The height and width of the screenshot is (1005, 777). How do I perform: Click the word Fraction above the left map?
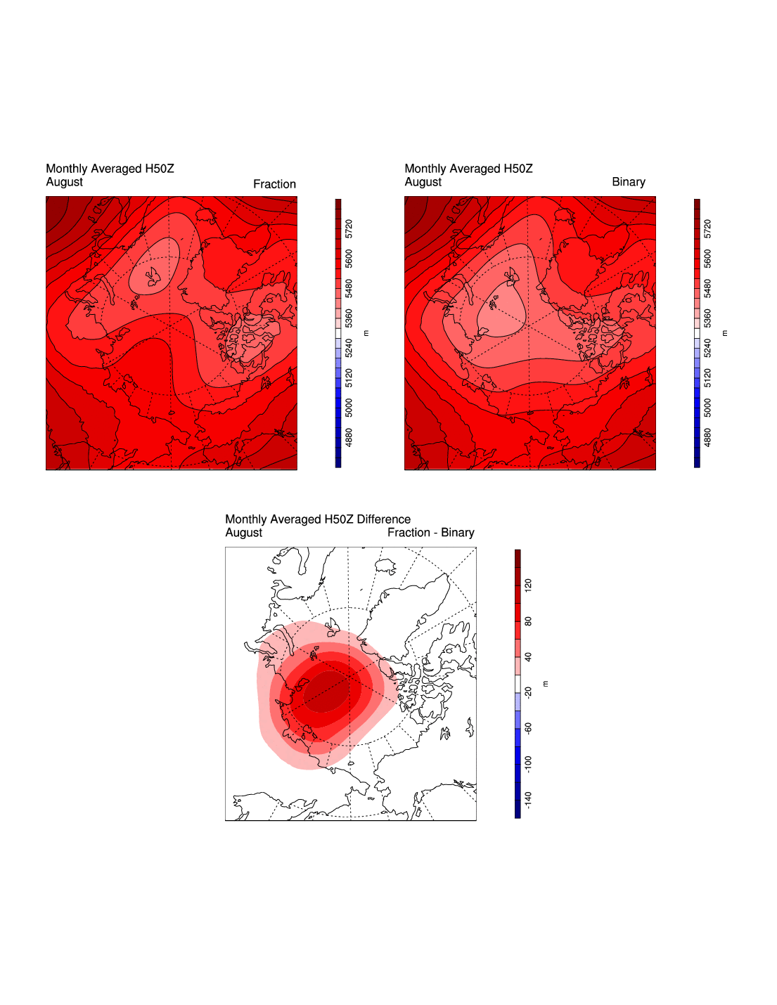click(274, 184)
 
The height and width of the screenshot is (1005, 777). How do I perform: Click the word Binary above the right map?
click(628, 182)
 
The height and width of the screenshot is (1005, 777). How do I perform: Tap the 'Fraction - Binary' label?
click(430, 533)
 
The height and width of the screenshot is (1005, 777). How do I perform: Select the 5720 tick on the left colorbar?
click(349, 229)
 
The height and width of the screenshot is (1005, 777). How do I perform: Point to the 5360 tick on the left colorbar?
click(349, 318)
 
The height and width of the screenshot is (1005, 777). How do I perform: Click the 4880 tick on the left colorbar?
click(349, 437)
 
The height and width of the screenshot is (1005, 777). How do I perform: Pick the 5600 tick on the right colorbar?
click(708, 259)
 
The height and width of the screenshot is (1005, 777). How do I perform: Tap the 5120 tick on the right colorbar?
click(708, 378)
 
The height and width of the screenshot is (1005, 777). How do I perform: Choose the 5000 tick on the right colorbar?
click(708, 408)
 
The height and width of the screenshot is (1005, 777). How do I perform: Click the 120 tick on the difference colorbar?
click(529, 585)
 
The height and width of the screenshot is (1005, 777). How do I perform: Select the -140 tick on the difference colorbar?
click(529, 800)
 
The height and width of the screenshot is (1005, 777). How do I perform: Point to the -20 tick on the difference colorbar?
click(529, 692)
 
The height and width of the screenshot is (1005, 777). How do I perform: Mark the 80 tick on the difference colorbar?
click(529, 621)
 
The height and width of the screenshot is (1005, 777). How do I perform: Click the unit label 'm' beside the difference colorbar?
click(546, 684)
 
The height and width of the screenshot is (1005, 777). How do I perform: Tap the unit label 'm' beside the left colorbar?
click(366, 333)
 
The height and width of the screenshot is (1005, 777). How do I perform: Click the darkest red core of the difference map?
click(325, 691)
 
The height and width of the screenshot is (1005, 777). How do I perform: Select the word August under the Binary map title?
click(423, 182)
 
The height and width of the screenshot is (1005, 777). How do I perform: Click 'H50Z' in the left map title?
click(160, 169)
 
